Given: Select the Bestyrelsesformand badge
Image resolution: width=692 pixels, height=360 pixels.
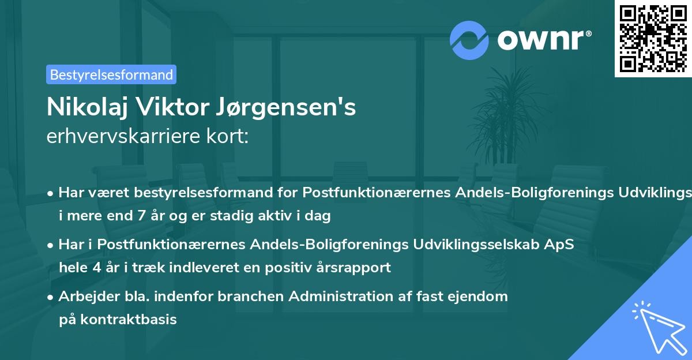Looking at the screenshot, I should [x=111, y=74].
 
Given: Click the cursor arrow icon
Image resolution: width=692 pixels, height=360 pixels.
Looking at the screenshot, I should [x=657, y=327].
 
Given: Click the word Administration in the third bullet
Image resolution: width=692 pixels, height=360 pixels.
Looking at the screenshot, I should [x=346, y=297].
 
